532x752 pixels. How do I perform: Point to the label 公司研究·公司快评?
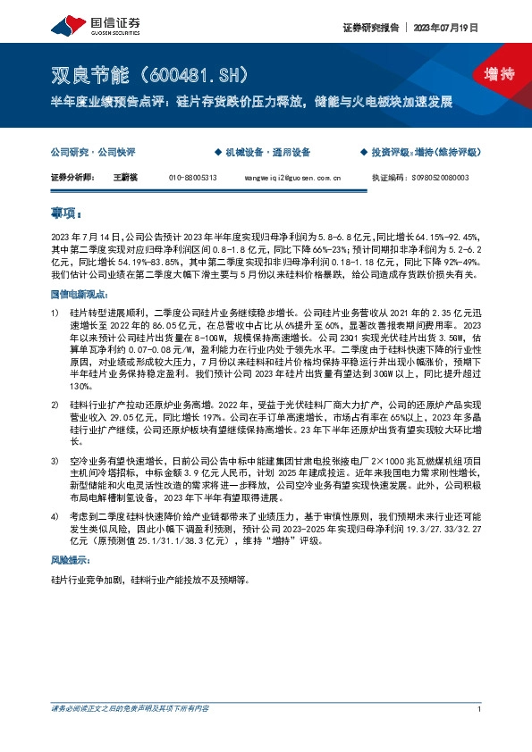click(92, 152)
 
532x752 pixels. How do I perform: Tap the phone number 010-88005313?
click(192, 178)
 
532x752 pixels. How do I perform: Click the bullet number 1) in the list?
click(55, 313)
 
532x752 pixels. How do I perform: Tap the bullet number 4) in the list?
click(55, 516)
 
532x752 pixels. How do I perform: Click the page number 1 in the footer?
click(480, 734)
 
